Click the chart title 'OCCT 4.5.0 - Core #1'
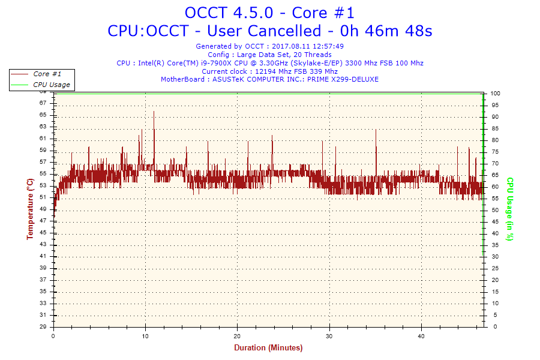coord(269,13)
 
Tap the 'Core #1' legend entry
coord(47,74)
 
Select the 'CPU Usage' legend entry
coord(51,85)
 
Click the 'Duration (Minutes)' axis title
coord(268,348)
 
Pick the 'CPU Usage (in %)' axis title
coord(510,209)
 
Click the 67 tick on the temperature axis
coord(43,103)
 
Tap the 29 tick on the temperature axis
coord(43,327)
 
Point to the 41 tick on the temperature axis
coord(43,256)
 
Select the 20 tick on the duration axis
coord(238,336)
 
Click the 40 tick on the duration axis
coord(422,336)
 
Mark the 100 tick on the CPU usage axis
coord(496,94)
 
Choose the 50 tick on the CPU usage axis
coord(494,210)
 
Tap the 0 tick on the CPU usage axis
coord(493,327)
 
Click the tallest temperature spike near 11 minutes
coord(154,112)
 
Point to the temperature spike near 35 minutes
coord(376,130)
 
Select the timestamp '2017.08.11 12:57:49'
coord(308,46)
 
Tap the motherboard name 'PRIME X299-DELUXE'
coord(343,79)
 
